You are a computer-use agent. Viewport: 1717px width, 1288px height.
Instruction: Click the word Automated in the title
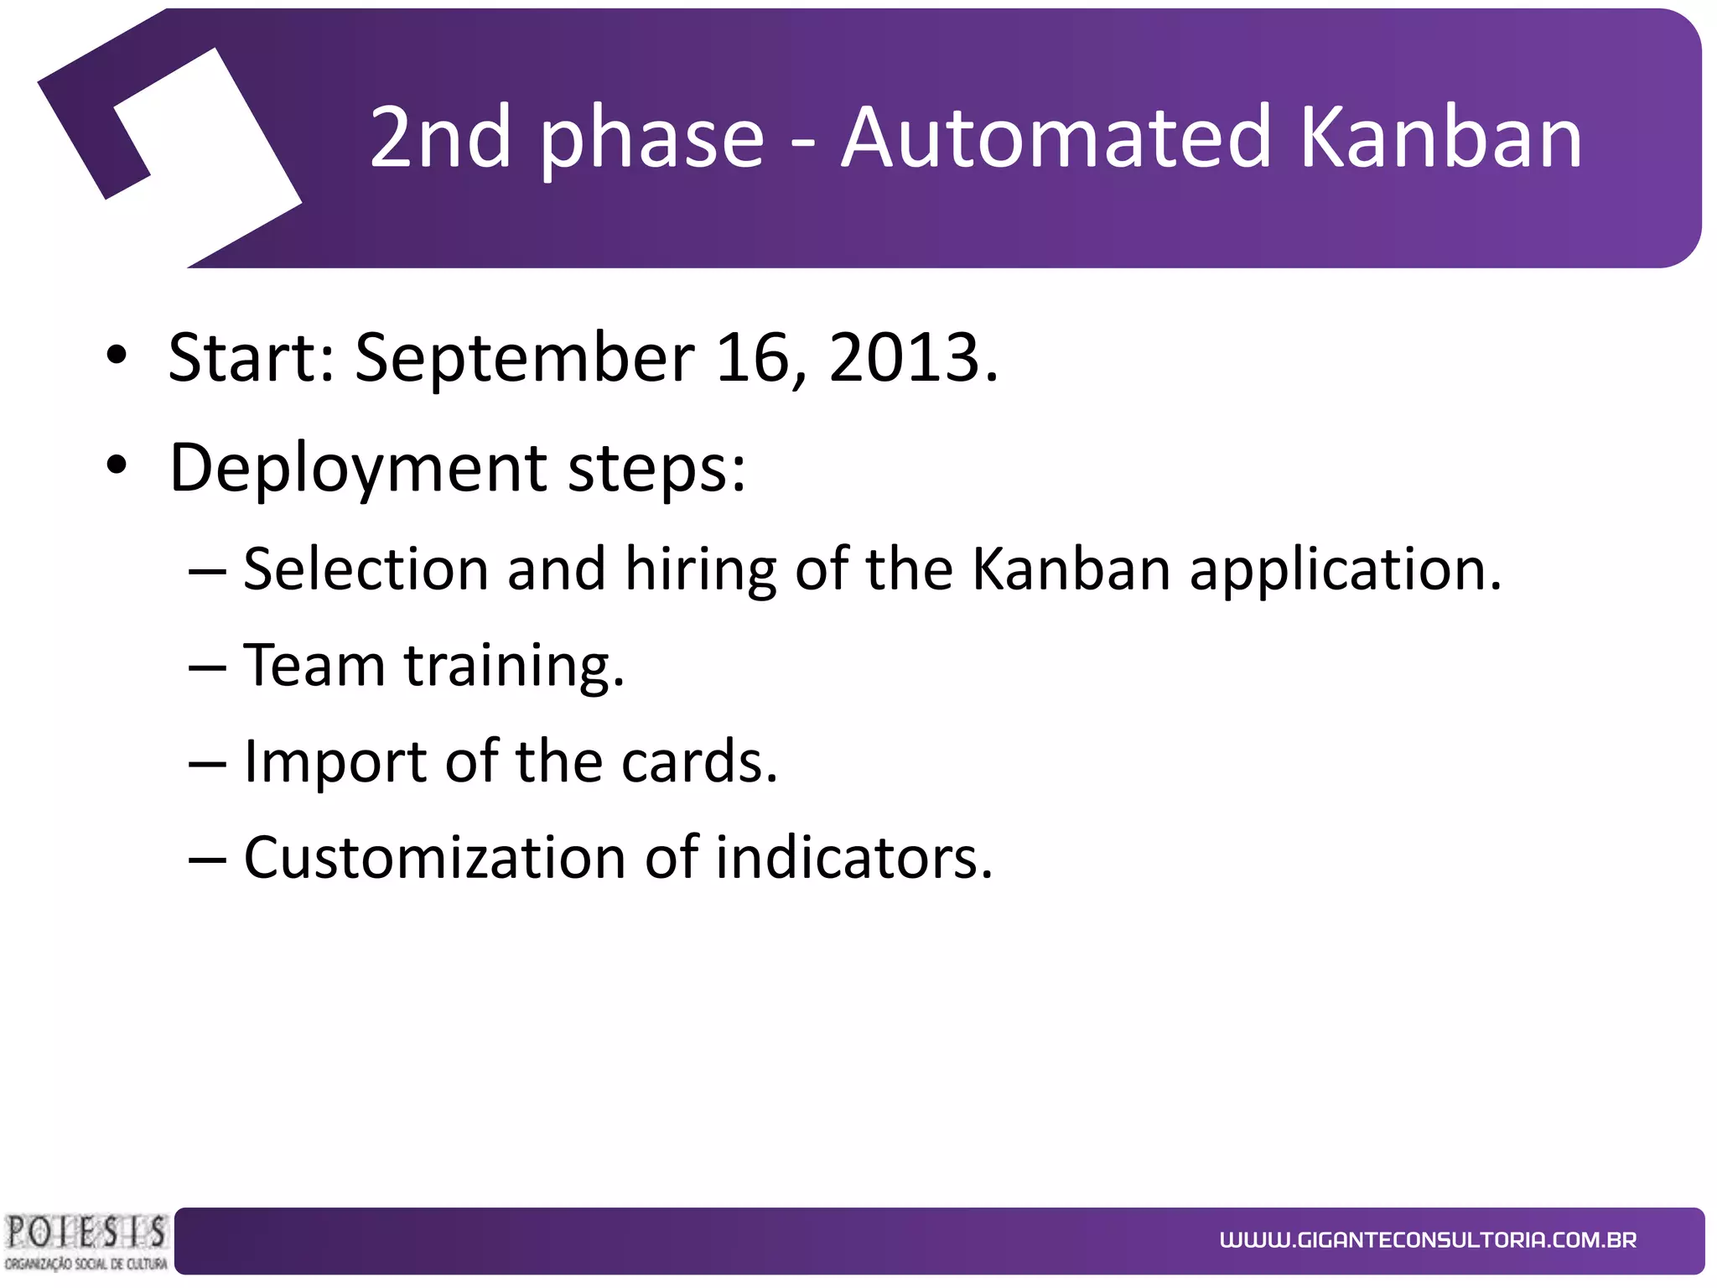(x=1056, y=136)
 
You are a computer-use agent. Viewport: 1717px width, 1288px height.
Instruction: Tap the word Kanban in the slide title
(x=1439, y=136)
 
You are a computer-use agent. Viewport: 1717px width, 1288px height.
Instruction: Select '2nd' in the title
(x=440, y=136)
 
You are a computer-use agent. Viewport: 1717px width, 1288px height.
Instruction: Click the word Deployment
(x=358, y=468)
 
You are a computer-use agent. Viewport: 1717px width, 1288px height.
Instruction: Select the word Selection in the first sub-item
(x=366, y=569)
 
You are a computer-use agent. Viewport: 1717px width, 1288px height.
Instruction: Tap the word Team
(x=314, y=665)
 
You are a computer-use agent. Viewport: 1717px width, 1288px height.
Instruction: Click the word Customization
(x=434, y=858)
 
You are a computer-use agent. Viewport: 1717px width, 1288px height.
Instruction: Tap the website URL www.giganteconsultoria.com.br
(x=1428, y=1240)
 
